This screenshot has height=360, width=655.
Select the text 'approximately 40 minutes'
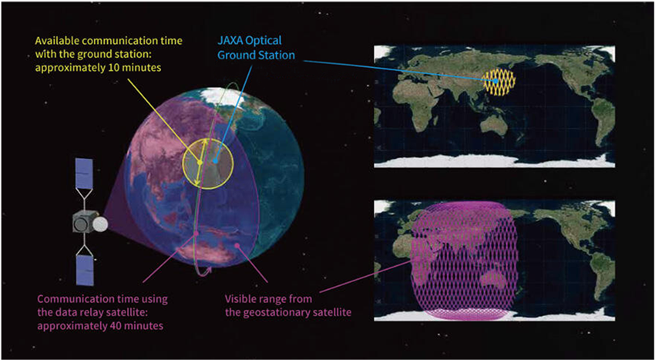[x=100, y=325]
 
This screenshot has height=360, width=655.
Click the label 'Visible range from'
[x=269, y=299]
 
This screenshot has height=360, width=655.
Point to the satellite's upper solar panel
[x=85, y=173]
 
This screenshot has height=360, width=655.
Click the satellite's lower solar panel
[x=86, y=270]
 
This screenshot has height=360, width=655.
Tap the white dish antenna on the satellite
[x=100, y=225]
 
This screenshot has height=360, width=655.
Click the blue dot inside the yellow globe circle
[x=216, y=160]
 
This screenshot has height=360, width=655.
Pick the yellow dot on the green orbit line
[x=200, y=162]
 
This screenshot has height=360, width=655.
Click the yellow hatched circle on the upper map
[x=499, y=82]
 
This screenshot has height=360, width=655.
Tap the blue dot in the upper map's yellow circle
[x=496, y=81]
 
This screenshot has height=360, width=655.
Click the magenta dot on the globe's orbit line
[x=196, y=233]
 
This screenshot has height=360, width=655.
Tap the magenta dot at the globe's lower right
[x=237, y=246]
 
